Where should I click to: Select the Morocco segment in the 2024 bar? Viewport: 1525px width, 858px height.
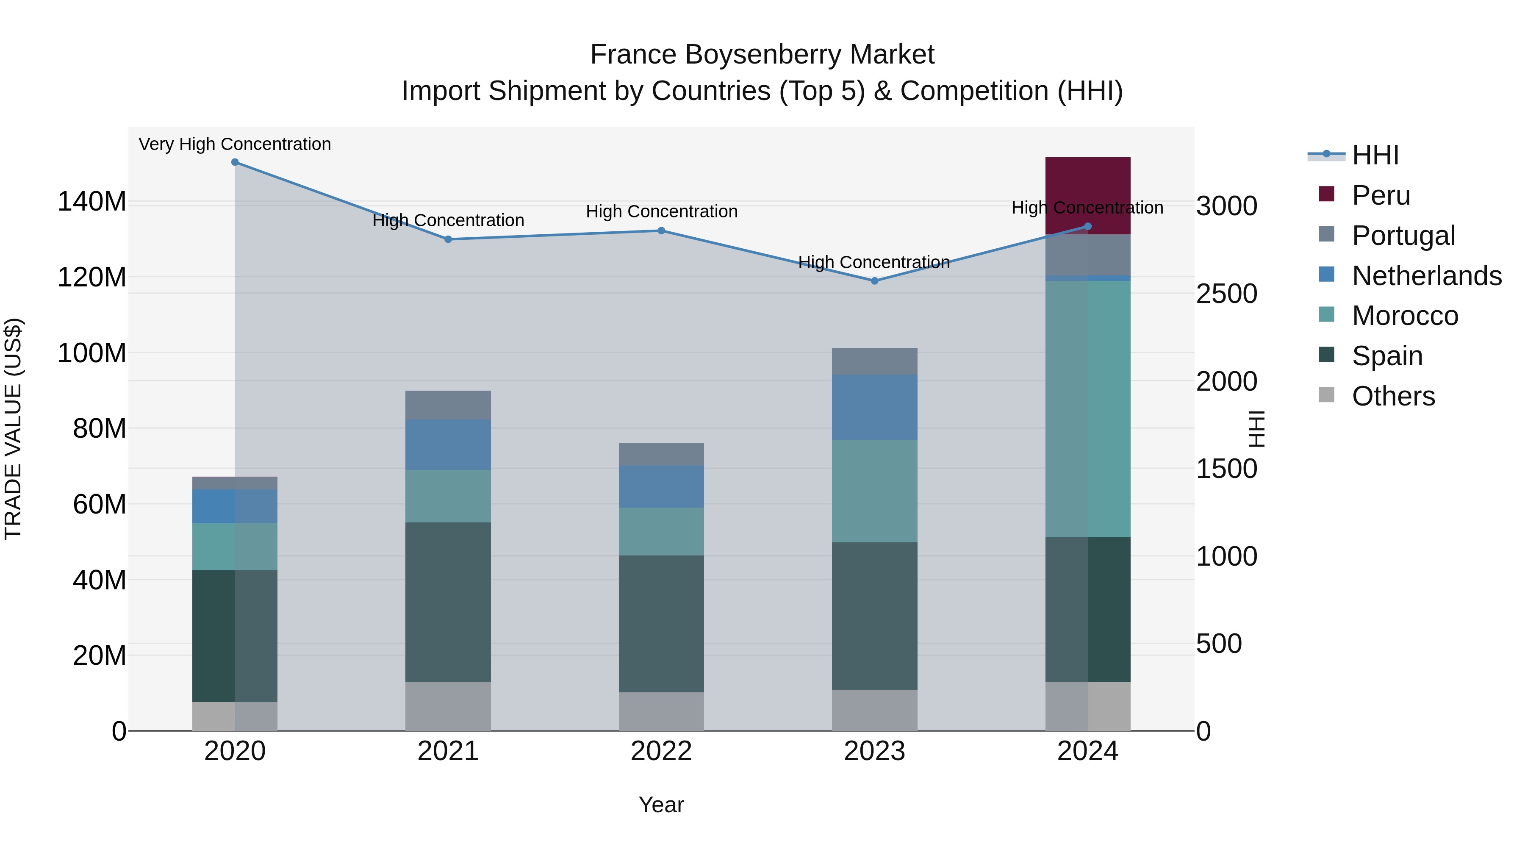[x=1087, y=408]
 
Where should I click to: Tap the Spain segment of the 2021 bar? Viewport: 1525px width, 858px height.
[x=448, y=602]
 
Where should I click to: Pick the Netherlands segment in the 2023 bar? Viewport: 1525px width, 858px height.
[x=874, y=407]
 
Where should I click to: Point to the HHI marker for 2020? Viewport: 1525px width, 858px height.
[x=235, y=162]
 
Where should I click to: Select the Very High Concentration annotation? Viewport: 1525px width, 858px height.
[x=235, y=144]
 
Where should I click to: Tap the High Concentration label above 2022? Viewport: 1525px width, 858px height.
[x=661, y=211]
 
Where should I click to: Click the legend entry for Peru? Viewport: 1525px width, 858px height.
[x=1381, y=195]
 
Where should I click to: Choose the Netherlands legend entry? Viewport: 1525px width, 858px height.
[x=1426, y=276]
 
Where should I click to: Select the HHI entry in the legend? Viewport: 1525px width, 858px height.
[x=1375, y=155]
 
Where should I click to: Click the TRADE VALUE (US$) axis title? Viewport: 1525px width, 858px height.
[x=13, y=429]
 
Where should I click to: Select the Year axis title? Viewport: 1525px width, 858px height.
[x=661, y=805]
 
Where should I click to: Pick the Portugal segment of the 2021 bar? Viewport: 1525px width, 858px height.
[x=448, y=405]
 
